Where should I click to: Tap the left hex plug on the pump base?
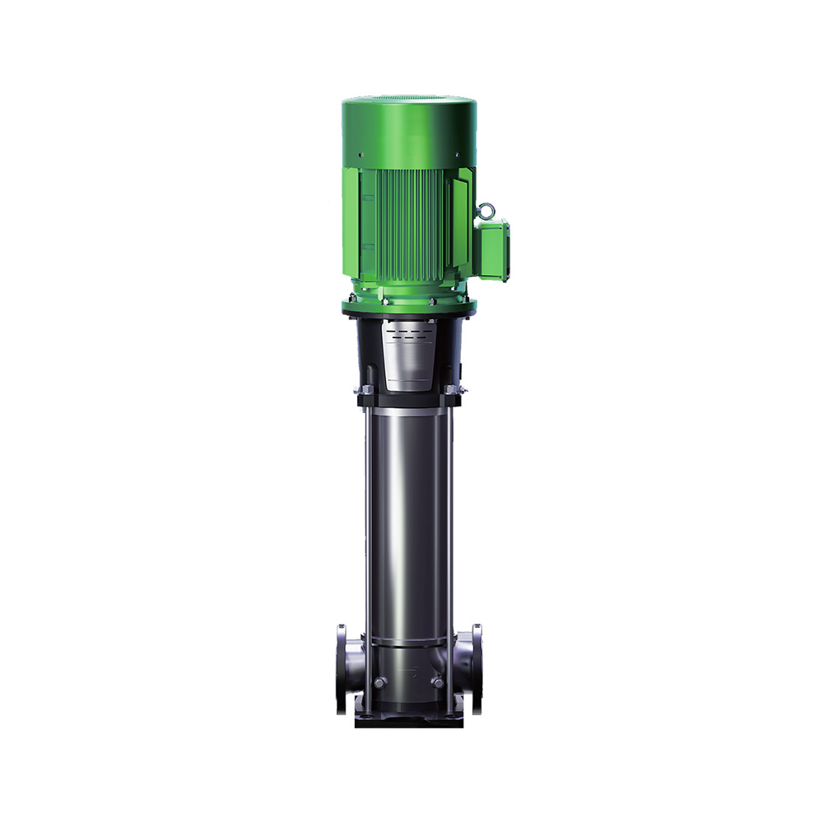379,682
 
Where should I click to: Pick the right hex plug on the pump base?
438,682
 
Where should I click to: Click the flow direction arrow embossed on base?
409,668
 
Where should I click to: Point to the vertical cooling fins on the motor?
409,230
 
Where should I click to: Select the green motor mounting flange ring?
409,306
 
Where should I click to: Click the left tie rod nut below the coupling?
362,388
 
